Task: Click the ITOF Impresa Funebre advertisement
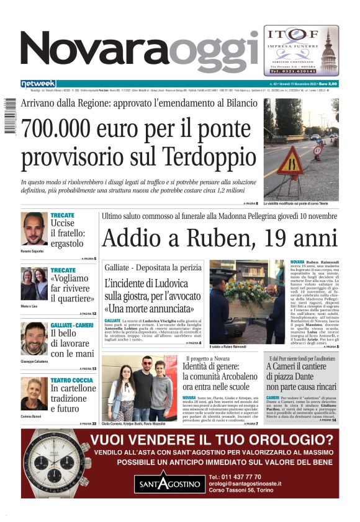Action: point(300,50)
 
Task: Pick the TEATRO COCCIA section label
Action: point(72,379)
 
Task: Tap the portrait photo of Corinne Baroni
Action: point(34,394)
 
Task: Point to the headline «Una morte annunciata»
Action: point(153,308)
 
